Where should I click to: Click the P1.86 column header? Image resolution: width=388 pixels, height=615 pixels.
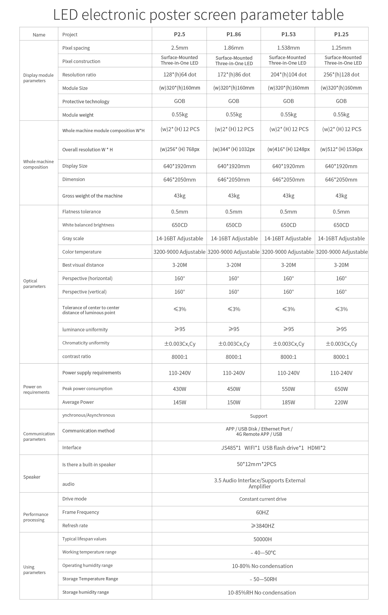234,34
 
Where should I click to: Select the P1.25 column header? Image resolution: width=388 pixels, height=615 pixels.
341,34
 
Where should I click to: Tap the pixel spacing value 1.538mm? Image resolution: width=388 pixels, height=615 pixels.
288,48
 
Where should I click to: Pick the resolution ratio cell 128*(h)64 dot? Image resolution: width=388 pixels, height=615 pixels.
180,74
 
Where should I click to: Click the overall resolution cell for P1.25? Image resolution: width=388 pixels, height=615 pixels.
341,149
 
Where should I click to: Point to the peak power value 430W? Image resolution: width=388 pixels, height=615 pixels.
179,389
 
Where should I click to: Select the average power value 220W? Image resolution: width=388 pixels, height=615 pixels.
341,402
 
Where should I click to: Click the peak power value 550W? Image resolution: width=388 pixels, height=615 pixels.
288,389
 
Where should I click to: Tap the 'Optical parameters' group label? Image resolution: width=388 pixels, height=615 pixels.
34,283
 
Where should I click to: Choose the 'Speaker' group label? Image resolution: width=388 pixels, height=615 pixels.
32,477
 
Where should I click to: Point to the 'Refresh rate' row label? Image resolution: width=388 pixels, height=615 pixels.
75,525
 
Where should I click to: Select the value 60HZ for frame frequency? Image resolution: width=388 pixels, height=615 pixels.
262,512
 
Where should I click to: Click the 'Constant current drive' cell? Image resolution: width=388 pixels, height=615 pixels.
263,499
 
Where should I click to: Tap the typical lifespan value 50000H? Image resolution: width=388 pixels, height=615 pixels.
262,539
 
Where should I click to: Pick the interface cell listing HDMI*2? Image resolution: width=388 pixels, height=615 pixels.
273,448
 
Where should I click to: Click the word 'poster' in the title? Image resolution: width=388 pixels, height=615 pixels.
170,14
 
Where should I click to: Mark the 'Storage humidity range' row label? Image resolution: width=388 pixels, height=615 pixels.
85,592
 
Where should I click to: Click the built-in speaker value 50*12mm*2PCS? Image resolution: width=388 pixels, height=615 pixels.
256,464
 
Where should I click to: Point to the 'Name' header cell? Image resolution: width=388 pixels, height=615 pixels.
39,35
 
